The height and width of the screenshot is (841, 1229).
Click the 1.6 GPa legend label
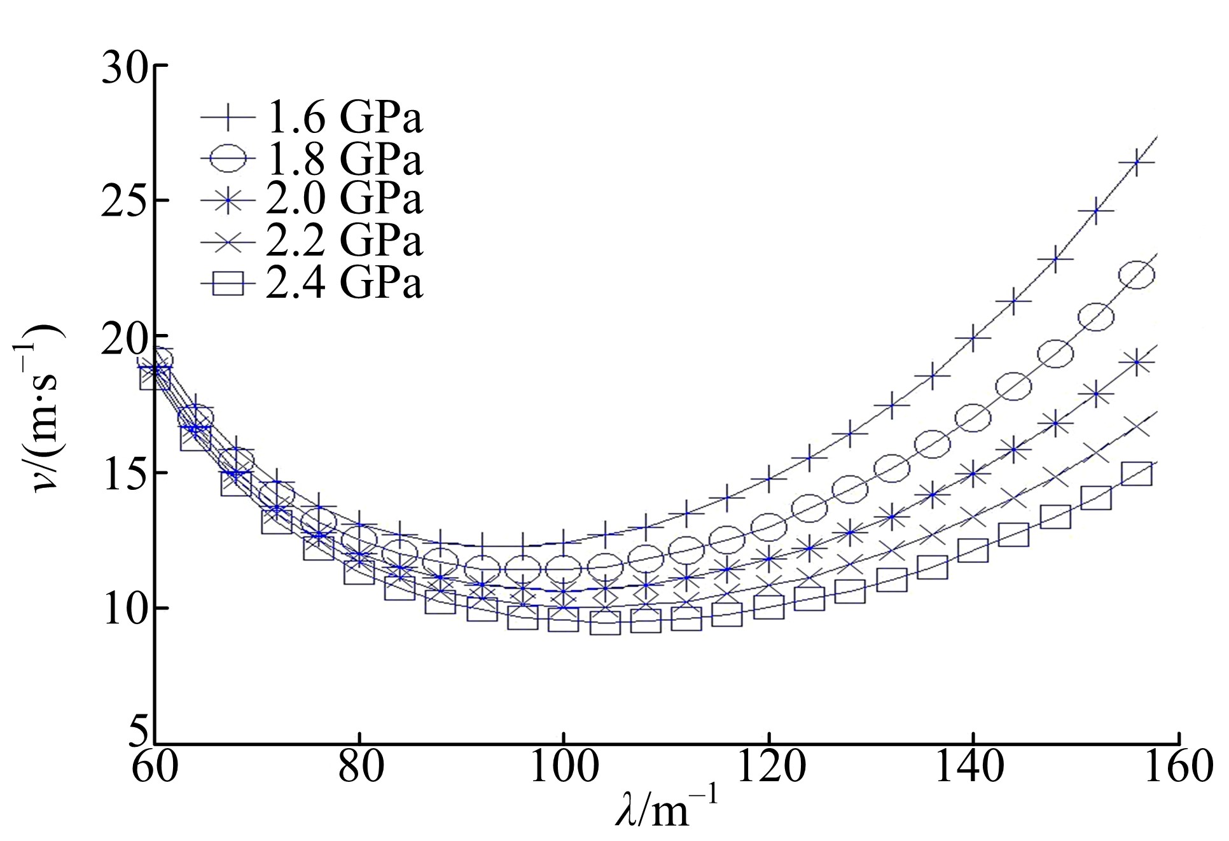[344, 117]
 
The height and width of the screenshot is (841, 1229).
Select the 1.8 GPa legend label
[344, 158]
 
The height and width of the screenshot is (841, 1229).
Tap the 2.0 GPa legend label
[344, 198]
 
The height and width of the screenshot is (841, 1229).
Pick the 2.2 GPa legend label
[344, 240]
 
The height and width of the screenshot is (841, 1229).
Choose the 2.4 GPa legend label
[344, 282]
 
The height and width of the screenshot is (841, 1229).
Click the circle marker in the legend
[228, 158]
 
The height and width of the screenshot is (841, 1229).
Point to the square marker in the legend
[228, 282]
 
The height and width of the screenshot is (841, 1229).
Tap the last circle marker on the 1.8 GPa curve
[1137, 275]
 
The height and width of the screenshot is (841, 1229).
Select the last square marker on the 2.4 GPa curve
[1137, 474]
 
